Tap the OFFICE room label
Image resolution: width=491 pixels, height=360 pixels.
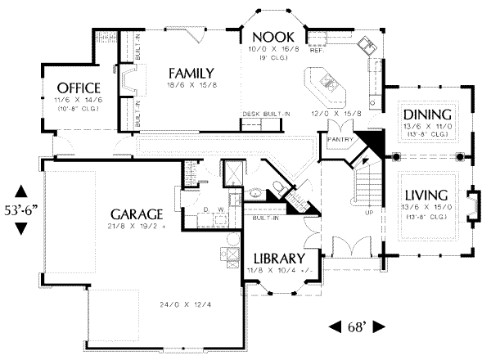79,88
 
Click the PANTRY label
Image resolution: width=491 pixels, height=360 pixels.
338,140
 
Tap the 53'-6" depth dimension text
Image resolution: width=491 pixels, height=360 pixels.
22,201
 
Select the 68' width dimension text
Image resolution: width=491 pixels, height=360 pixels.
357,326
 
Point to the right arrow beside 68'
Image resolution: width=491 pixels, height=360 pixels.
378,326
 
